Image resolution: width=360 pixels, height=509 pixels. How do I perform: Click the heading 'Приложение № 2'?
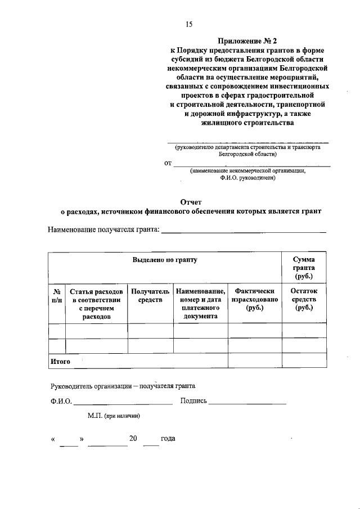click(247, 40)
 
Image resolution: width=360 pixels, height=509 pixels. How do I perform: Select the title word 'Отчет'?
click(191, 201)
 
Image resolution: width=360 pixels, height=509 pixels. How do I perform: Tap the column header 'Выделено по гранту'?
click(165, 260)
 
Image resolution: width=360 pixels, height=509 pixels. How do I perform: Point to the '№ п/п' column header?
click(57, 296)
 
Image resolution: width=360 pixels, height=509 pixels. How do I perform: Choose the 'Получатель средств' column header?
click(150, 296)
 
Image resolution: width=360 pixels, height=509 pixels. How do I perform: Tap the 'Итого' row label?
click(60, 362)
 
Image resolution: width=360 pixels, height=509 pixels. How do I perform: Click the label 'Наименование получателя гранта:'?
click(104, 229)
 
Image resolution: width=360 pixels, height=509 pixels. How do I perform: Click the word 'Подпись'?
click(194, 402)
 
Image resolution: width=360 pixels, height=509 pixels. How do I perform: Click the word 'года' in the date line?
click(168, 439)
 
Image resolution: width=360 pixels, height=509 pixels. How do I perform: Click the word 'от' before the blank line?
click(168, 164)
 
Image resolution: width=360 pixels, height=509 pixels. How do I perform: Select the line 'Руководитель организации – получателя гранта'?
click(123, 386)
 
